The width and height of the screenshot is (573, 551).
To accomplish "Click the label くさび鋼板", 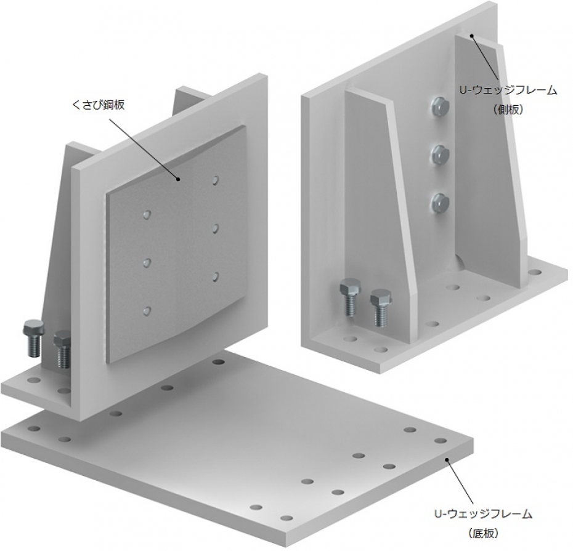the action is click(99, 105).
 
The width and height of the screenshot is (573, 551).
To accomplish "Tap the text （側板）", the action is click(508, 109).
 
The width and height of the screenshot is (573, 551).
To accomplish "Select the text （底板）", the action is click(483, 534).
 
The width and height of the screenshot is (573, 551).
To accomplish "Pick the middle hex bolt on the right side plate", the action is click(440, 155).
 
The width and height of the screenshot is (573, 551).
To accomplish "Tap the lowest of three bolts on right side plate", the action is click(440, 202).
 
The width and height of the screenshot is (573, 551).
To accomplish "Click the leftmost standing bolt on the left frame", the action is click(34, 337).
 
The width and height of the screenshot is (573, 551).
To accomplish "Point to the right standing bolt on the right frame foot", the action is click(381, 307).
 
